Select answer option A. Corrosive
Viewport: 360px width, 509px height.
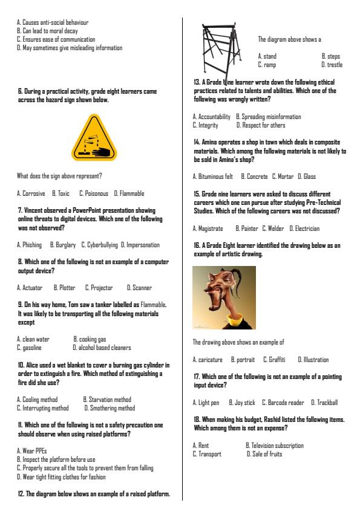(31, 193)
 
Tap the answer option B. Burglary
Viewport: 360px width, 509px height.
(64, 245)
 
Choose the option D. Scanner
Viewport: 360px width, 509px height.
(139, 288)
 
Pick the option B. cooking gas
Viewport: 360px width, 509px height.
(90, 339)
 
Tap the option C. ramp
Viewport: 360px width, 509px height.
(267, 65)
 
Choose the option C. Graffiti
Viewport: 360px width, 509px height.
(274, 360)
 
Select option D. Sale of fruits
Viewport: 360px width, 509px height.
(264, 453)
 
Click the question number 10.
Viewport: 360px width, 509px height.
(21, 365)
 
